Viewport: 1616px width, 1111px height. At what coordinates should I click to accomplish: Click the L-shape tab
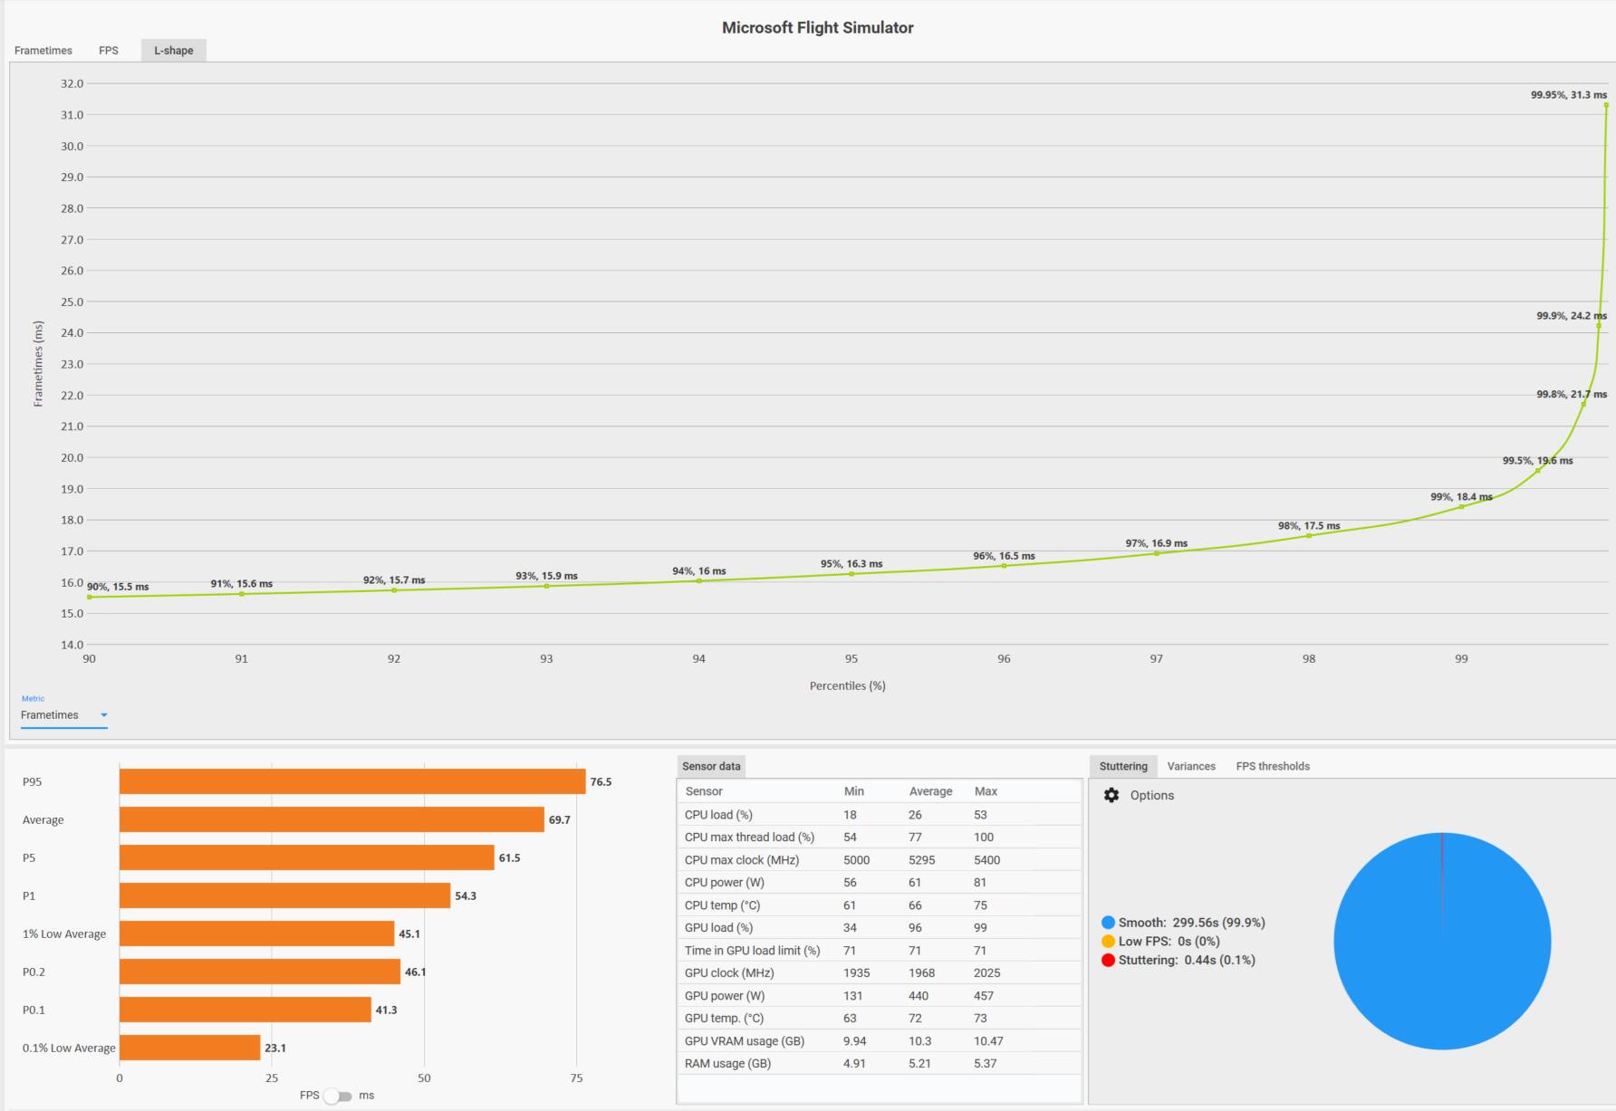point(173,51)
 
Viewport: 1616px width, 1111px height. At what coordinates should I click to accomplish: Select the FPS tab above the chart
point(109,51)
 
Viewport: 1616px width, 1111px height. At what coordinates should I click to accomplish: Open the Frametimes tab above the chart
point(43,51)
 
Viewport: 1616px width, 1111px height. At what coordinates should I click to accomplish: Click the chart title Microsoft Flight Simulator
point(817,28)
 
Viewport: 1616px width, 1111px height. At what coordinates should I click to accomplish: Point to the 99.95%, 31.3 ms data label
point(1569,95)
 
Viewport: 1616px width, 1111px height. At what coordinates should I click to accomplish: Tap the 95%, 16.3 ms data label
point(851,564)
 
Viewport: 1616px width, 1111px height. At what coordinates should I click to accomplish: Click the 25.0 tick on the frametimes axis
point(72,302)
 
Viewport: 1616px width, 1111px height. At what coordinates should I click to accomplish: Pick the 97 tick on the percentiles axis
point(1157,659)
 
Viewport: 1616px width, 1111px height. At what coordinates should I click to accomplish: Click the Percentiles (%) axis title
point(848,686)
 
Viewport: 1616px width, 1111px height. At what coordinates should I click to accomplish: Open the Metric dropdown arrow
point(104,715)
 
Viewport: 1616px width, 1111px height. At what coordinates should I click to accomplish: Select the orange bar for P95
point(352,781)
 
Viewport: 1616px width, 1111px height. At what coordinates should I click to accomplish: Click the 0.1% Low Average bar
point(190,1048)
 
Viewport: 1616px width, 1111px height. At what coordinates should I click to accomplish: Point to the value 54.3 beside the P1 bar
point(466,896)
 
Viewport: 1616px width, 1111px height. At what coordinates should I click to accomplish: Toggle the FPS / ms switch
point(338,1097)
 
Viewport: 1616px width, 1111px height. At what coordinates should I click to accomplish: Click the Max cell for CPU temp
point(981,905)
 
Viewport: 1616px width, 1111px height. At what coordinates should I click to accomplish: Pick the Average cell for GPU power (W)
point(919,996)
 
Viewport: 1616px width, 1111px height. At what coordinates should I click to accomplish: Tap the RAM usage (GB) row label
point(727,1064)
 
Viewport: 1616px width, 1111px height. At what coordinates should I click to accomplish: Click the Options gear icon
point(1111,795)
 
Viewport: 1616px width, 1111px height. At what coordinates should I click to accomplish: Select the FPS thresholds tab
point(1273,767)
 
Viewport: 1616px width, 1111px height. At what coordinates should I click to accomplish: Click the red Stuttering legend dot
point(1108,961)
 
